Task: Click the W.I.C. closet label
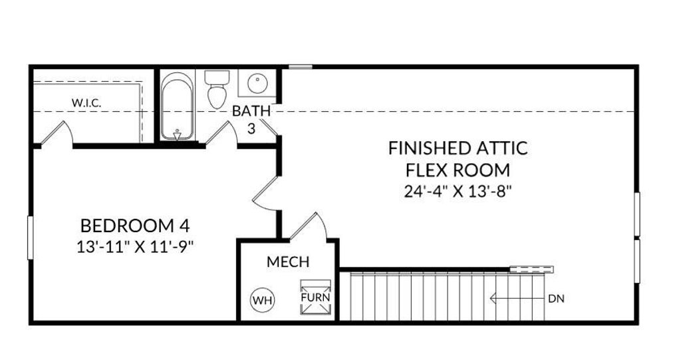coord(86,103)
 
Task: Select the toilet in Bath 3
coord(216,90)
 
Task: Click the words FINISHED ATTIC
coord(458,148)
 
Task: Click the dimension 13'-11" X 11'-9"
coord(138,246)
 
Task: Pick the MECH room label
coord(288,262)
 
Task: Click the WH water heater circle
coord(262,300)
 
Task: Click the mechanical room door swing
coord(307,226)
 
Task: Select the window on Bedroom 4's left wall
coord(29,237)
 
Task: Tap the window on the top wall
coord(301,67)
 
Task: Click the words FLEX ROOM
coord(458,169)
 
